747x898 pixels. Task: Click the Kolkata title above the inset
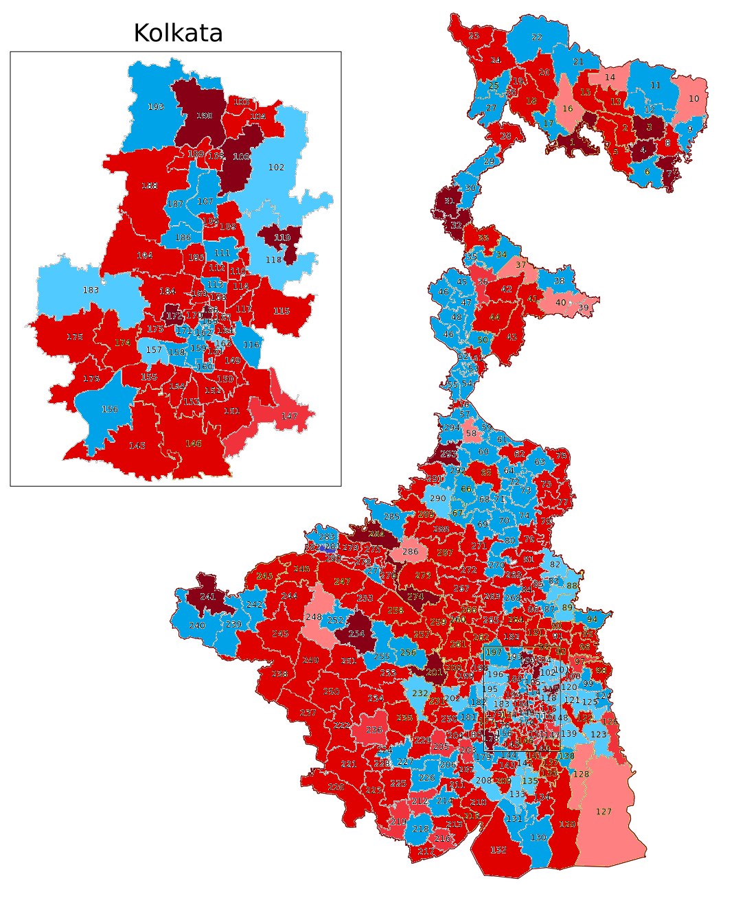178,33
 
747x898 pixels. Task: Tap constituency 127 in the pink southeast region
604,811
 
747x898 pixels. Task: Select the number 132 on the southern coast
498,849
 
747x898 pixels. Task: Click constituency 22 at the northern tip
536,37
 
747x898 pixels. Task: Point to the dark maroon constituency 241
207,597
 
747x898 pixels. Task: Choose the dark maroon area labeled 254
356,634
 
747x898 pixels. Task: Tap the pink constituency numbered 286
410,551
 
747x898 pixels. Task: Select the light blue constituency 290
437,498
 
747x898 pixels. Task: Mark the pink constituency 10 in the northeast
693,98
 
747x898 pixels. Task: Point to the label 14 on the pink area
610,78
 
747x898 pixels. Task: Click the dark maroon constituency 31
449,200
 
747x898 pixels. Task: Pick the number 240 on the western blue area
196,625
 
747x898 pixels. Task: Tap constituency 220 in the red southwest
336,787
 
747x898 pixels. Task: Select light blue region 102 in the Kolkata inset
276,167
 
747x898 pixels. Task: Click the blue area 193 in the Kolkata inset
156,107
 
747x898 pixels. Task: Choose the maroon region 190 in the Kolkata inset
204,116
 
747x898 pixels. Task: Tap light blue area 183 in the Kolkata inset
91,290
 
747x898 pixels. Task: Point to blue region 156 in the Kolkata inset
109,409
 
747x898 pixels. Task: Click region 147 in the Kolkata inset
289,416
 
